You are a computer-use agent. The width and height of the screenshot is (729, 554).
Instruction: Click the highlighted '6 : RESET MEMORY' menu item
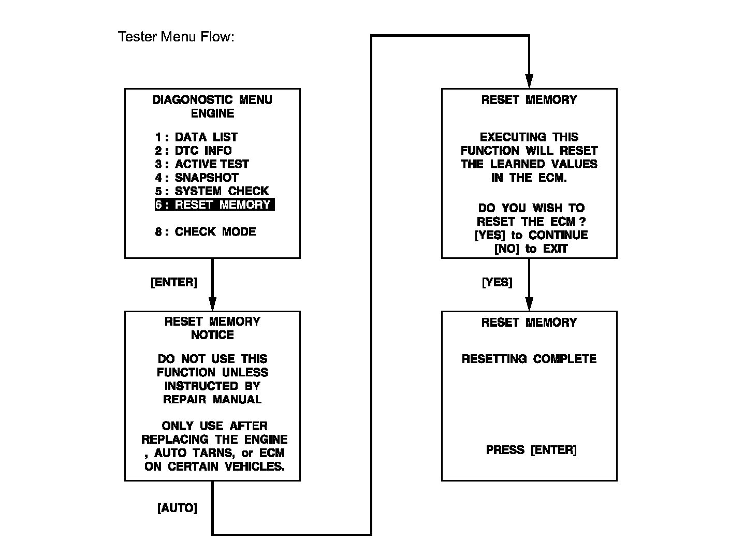click(214, 205)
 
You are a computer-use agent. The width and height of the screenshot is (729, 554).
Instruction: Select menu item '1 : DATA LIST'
click(196, 137)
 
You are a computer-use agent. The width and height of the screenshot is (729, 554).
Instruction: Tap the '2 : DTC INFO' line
click(193, 151)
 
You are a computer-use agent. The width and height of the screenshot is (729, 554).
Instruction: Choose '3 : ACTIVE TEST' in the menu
click(202, 164)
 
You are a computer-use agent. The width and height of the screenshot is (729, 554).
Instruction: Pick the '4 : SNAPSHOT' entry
click(197, 178)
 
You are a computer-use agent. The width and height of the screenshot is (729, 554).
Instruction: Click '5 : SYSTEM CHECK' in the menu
click(212, 191)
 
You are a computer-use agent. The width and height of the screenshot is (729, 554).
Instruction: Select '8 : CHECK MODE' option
click(206, 231)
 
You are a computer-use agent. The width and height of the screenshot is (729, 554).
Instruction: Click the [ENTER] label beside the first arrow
click(174, 282)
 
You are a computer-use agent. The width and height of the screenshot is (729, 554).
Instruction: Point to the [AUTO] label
click(177, 508)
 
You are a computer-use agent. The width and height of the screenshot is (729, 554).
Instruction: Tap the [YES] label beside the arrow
click(497, 282)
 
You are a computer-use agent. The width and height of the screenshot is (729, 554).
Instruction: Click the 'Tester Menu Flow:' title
click(176, 37)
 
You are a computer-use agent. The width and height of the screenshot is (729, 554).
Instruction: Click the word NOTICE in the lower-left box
click(212, 335)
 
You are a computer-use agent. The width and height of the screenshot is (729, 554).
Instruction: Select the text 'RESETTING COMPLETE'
click(529, 359)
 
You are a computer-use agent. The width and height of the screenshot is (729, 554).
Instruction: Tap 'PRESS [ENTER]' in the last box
click(531, 450)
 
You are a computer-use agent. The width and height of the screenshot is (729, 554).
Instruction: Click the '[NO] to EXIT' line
click(531, 249)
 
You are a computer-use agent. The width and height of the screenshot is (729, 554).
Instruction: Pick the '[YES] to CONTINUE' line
click(531, 235)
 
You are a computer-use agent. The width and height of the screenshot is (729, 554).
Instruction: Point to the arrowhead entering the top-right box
click(529, 81)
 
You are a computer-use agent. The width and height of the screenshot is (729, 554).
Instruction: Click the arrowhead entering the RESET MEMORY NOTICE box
click(212, 304)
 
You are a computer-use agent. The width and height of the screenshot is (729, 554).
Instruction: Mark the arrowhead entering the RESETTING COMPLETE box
click(529, 304)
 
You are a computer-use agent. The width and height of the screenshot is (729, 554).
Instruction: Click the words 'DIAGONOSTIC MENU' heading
click(212, 100)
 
